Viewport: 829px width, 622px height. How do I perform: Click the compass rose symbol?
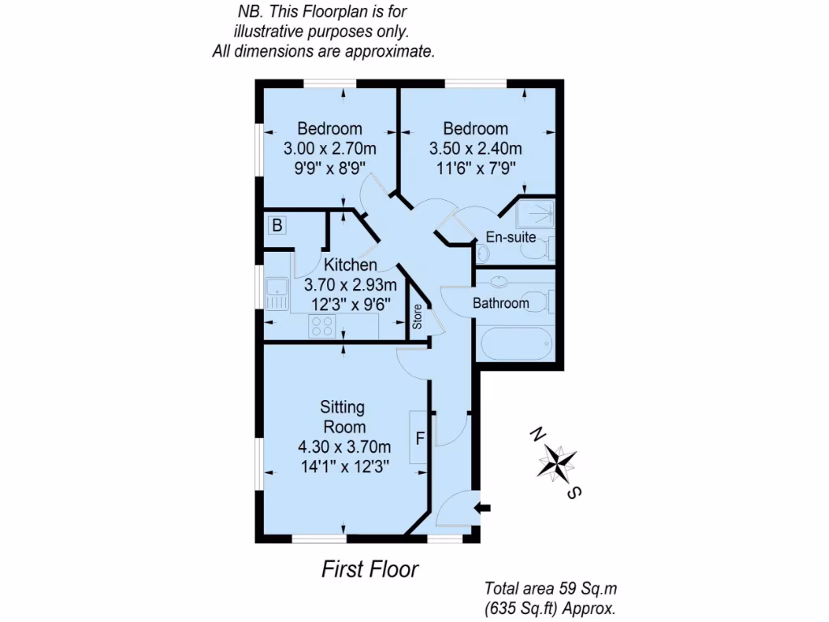[558, 462]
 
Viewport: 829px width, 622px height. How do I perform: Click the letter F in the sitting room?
[420, 439]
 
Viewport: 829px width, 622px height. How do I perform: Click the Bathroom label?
[500, 304]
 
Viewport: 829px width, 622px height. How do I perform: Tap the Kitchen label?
[350, 265]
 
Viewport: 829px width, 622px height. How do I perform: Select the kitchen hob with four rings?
[322, 326]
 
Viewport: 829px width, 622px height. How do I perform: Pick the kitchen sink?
[277, 293]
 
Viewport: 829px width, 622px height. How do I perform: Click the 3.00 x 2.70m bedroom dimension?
[329, 149]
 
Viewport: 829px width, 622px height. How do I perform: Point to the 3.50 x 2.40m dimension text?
[475, 149]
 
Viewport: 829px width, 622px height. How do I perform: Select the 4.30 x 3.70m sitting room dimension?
[344, 446]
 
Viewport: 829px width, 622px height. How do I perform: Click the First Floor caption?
[370, 569]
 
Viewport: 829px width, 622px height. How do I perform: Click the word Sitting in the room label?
[342, 407]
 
